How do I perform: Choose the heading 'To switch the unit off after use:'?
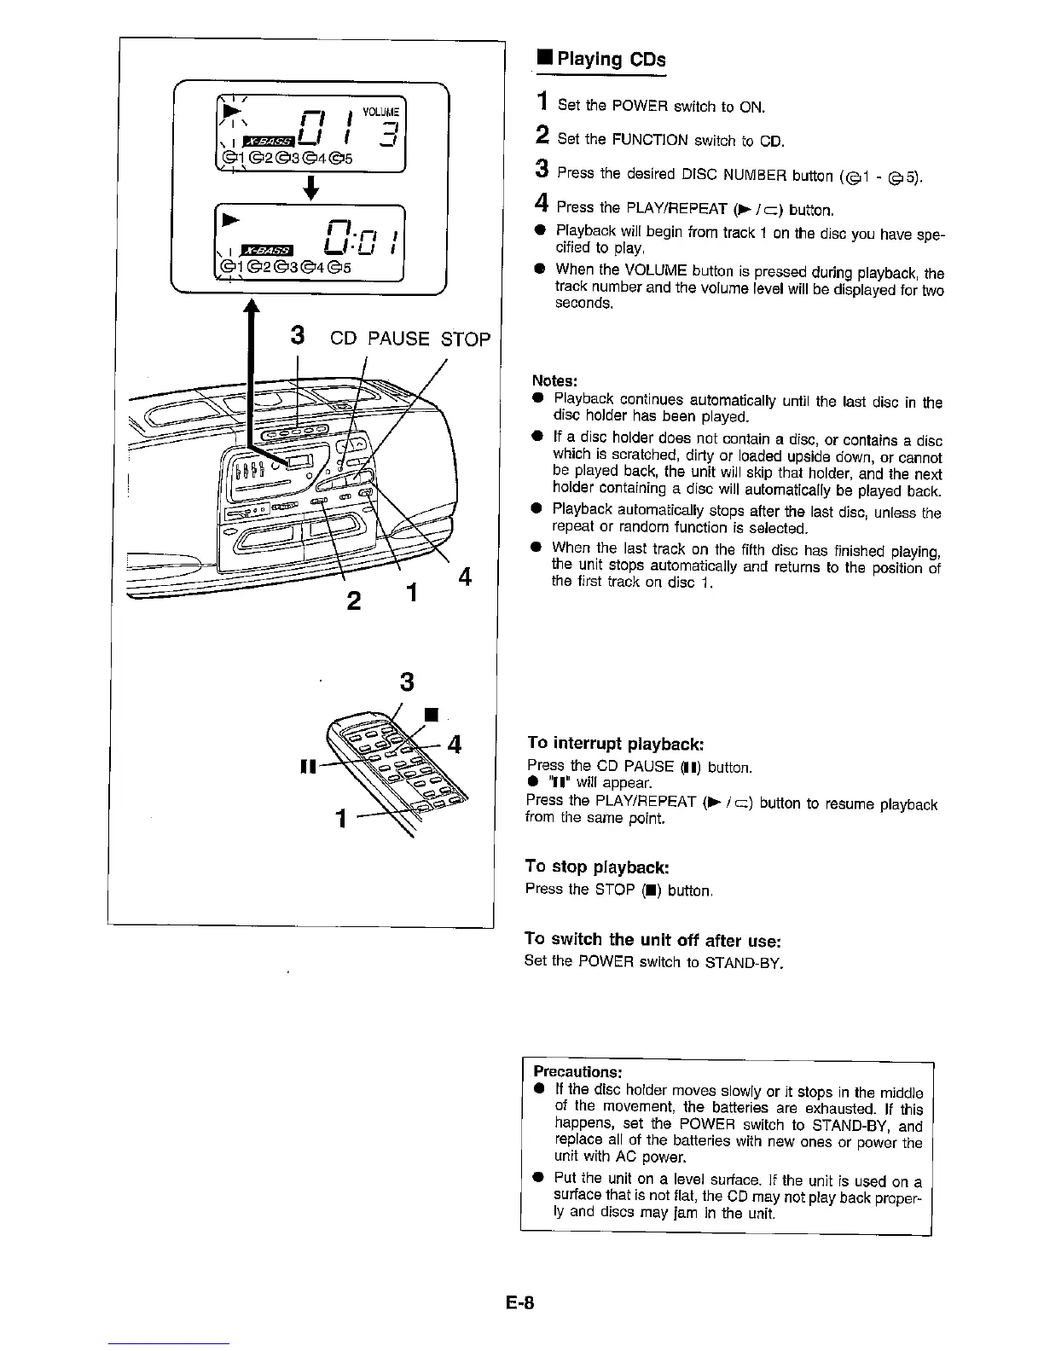click(653, 940)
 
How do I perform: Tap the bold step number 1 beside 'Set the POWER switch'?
click(540, 104)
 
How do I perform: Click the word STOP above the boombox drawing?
click(466, 339)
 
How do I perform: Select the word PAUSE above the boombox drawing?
click(398, 339)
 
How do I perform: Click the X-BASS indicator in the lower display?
click(268, 250)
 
